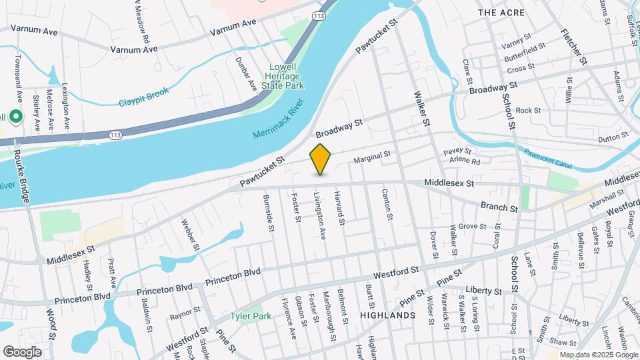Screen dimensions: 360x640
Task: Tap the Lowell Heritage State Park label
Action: click(287, 76)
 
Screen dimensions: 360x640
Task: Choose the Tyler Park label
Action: click(251, 316)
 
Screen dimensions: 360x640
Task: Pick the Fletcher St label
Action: click(573, 46)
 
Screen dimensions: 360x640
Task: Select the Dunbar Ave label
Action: click(245, 74)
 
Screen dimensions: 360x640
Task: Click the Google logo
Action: click(22, 352)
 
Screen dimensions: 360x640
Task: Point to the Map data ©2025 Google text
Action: click(597, 355)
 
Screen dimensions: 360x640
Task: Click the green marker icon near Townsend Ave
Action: click(13, 117)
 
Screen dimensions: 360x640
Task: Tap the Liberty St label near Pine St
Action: click(484, 291)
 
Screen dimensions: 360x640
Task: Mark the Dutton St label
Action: click(614, 138)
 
